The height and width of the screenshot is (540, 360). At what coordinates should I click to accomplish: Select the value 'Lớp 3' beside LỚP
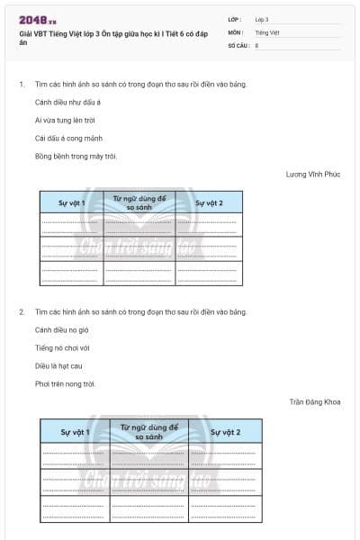[x=262, y=19]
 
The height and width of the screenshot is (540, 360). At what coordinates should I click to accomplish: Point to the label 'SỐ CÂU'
[x=237, y=44]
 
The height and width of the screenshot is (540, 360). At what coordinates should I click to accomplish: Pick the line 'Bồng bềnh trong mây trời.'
[x=76, y=156]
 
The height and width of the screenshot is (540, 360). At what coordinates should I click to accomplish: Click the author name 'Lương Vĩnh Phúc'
[x=312, y=174]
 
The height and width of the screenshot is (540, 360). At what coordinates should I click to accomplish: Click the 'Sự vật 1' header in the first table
[x=71, y=202]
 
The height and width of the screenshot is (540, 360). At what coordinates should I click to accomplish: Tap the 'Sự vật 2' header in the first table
[x=209, y=202]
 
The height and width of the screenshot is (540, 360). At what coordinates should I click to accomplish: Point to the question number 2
[x=22, y=311]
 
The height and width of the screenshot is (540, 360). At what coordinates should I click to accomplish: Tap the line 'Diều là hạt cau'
[x=58, y=365]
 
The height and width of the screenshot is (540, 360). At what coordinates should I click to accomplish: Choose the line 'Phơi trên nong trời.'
[x=65, y=383]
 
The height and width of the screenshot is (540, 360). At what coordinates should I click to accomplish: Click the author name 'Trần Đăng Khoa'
[x=315, y=401]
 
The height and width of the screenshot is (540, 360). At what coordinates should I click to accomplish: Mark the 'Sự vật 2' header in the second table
[x=225, y=432]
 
